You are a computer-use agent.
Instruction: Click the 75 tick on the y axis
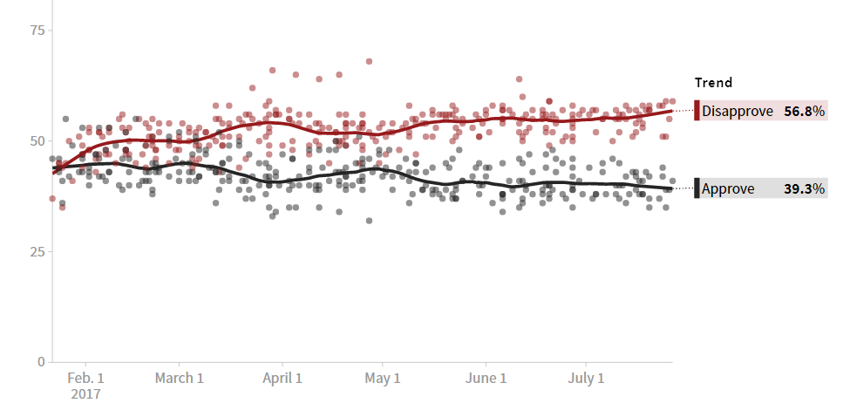[37, 31]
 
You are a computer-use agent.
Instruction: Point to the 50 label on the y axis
[37, 140]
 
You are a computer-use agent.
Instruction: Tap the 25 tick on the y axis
[37, 251]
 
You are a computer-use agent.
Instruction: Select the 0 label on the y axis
[40, 362]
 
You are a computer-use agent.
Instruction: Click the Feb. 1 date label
[86, 379]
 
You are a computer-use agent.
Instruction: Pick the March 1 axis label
[179, 379]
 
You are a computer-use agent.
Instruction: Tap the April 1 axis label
[282, 379]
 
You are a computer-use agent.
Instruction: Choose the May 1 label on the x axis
[383, 379]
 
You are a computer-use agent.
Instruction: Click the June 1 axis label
[486, 379]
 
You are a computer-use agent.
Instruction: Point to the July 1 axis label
[586, 379]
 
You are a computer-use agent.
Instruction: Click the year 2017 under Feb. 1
[86, 393]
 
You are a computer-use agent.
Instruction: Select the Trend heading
[713, 83]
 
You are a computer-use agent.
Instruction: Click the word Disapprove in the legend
[737, 111]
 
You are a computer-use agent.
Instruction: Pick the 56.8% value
[804, 111]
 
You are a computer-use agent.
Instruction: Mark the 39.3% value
[804, 188]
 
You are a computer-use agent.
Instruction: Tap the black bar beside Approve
[697, 188]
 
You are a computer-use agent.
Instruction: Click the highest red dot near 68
[369, 62]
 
